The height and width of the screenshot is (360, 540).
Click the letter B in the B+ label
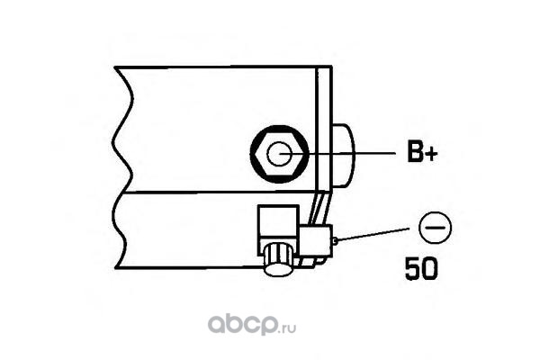click(415, 154)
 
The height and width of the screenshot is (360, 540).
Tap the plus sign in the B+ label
click(431, 155)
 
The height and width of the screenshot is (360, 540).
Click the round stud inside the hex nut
click(279, 154)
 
